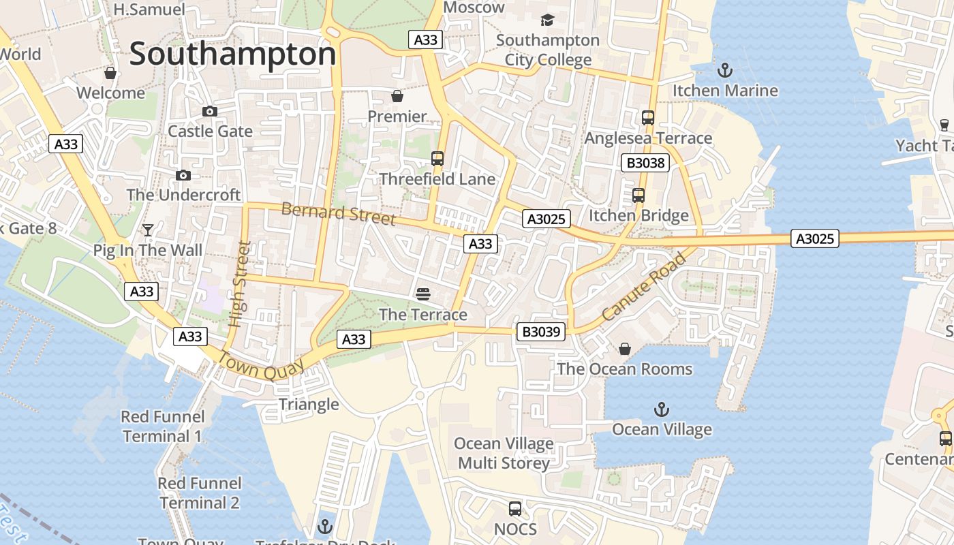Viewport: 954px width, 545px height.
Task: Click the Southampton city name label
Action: tap(233, 54)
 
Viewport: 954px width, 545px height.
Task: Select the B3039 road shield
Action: tap(540, 332)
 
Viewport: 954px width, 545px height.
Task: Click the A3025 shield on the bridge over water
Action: tap(815, 238)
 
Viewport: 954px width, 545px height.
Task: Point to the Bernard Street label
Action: tap(338, 213)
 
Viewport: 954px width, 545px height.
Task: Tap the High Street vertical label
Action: tap(238, 284)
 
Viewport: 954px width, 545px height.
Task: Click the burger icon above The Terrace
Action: tap(423, 294)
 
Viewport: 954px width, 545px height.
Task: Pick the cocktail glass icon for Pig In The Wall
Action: tap(148, 230)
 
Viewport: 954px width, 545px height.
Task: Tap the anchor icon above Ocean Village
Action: tap(661, 409)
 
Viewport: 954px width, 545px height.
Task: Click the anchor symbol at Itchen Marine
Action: tap(725, 70)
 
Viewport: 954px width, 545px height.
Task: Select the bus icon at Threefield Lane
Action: tap(437, 159)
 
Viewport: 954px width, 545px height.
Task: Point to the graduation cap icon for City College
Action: tap(547, 20)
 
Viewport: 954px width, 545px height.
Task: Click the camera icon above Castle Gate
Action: tap(210, 111)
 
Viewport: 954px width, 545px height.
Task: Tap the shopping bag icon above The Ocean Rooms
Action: tap(624, 349)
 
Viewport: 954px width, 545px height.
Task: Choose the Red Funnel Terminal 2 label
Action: tap(200, 493)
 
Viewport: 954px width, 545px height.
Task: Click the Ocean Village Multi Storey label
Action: tap(504, 454)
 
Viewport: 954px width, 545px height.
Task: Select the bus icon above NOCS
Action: tap(515, 509)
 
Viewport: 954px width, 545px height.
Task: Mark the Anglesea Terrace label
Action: tap(648, 138)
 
